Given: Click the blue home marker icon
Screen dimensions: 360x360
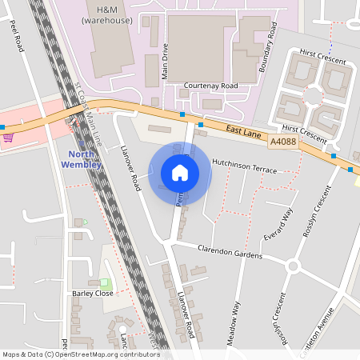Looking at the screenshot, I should click(180, 173).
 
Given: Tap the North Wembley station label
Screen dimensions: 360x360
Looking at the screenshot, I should click(81, 159).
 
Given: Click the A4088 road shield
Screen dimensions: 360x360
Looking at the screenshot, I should click(282, 142).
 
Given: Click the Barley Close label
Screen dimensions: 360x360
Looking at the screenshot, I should click(92, 293).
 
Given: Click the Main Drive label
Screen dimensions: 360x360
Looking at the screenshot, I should click(166, 61).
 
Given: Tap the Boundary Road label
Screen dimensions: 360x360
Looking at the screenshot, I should click(267, 50).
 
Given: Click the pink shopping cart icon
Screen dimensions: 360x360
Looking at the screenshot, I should click(8, 138).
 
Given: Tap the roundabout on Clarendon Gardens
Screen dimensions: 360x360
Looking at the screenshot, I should click(293, 266).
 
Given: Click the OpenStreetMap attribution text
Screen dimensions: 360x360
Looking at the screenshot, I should click(80, 354).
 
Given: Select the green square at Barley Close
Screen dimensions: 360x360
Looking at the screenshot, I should click(105, 283).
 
